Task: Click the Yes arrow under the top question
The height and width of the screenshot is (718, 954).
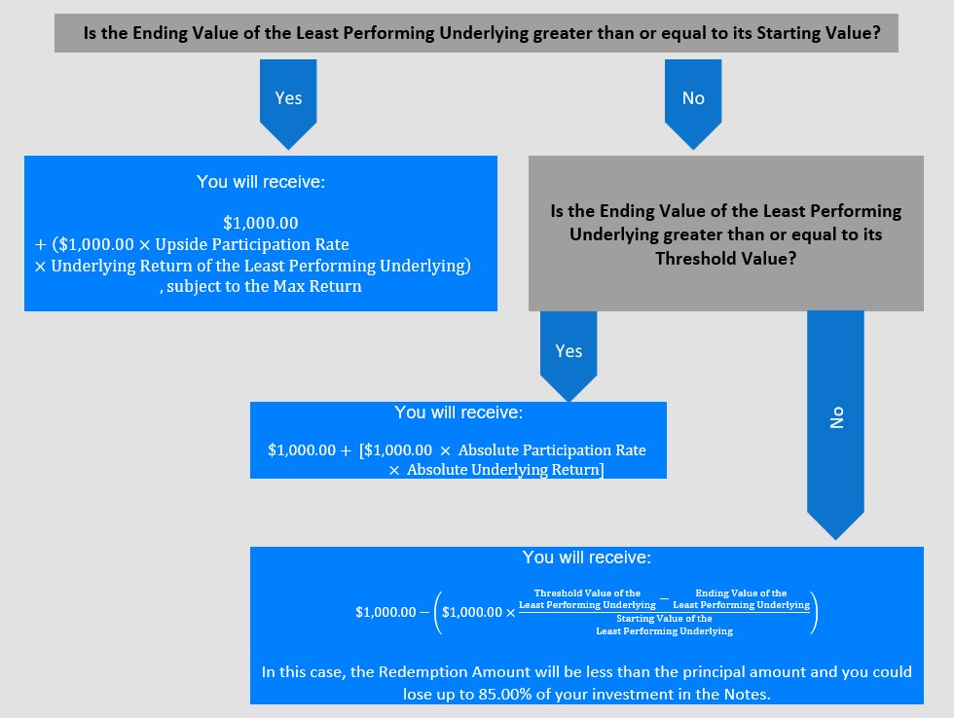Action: (x=288, y=103)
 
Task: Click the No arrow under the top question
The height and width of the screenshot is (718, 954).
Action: (x=693, y=103)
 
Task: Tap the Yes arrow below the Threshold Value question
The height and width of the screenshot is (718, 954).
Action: (x=569, y=356)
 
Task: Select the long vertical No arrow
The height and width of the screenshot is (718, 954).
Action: (x=835, y=424)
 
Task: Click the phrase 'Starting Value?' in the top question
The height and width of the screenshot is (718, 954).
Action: (x=819, y=33)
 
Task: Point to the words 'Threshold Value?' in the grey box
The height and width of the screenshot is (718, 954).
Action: (x=726, y=259)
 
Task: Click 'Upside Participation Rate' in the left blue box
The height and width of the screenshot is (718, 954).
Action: (x=252, y=244)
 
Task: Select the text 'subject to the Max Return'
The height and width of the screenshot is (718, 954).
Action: (x=264, y=286)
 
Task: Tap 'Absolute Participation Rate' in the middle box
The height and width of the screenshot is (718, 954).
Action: (x=552, y=449)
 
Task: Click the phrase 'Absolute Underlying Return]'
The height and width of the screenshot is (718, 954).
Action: (x=505, y=469)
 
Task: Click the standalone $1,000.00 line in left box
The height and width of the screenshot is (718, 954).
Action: (x=261, y=223)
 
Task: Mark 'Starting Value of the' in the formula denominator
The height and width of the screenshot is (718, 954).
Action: (x=664, y=619)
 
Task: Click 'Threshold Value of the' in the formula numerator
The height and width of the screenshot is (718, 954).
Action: (x=587, y=592)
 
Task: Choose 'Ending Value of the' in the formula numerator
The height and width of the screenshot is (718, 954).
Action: (x=741, y=592)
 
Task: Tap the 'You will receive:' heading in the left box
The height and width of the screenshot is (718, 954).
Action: (x=261, y=182)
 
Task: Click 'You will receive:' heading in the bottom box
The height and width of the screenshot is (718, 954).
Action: (x=586, y=557)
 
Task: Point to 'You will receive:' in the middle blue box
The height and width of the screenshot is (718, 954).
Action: (x=459, y=413)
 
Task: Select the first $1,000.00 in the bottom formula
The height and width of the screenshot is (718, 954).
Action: (x=385, y=612)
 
